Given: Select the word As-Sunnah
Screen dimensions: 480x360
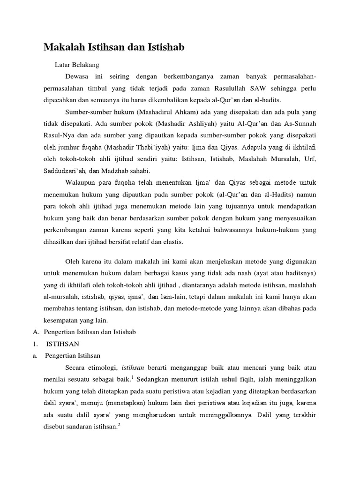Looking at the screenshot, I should click(300, 125).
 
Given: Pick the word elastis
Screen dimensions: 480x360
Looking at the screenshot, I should click(172, 242).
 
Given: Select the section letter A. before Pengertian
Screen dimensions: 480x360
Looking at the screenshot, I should click(35, 332).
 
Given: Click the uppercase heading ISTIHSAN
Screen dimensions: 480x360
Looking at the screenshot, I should click(62, 344).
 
